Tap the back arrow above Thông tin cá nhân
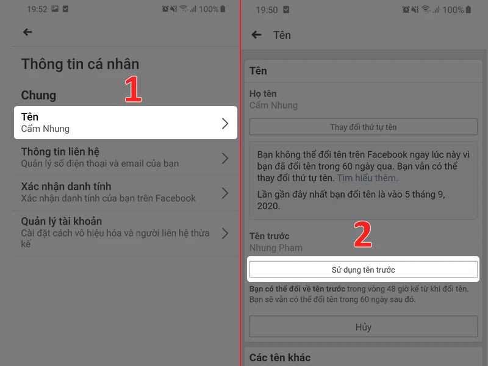click(27, 32)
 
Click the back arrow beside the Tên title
click(257, 35)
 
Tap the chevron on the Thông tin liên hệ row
click(225, 158)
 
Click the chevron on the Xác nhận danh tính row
click(225, 193)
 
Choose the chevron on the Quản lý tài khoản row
click(225, 233)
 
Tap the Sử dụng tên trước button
click(363, 269)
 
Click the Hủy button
click(363, 327)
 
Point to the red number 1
click(133, 90)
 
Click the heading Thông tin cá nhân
click(80, 63)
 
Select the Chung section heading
click(38, 95)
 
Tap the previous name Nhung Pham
click(276, 248)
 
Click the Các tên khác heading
click(280, 357)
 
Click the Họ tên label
click(263, 94)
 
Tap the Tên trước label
click(269, 236)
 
